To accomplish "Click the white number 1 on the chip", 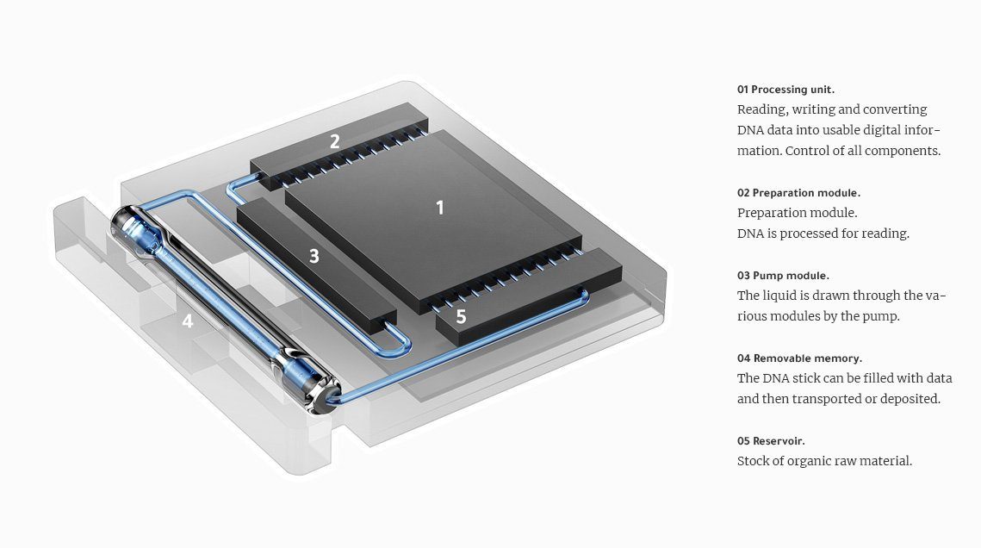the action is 440,208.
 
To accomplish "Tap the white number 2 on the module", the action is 335,142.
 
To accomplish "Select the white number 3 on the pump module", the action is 314,256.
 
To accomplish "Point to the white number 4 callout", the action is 187,321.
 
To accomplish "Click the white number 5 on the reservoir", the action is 461,316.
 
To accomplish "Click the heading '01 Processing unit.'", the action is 785,90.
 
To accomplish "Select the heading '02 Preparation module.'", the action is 799,193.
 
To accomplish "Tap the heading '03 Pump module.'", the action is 783,275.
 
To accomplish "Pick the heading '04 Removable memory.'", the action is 799,358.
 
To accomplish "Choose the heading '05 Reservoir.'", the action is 771,441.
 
